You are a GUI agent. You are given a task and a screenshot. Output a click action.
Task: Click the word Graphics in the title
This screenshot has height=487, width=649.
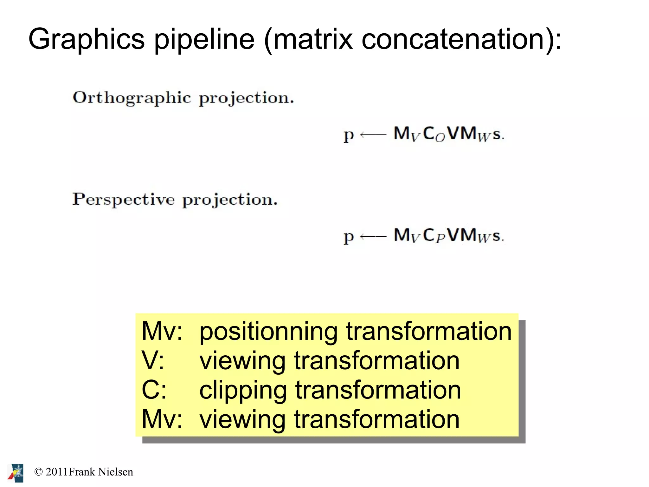click(87, 39)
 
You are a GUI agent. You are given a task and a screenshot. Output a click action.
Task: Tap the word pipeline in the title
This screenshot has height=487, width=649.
click(204, 39)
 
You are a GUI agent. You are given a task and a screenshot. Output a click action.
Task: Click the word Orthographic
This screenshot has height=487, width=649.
click(132, 98)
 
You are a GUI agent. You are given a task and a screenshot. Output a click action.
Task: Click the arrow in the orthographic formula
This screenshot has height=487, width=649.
click(373, 135)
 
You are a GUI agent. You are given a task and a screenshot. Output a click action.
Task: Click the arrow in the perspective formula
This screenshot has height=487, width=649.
click(373, 236)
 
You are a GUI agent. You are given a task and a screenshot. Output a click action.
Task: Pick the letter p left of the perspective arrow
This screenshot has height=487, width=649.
click(349, 237)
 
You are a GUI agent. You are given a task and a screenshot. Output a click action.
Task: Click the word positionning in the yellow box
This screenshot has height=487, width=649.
click(268, 332)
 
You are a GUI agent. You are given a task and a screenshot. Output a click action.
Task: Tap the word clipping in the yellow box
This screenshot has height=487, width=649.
click(243, 390)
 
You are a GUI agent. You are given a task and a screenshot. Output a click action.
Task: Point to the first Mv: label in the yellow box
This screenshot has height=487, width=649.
click(162, 331)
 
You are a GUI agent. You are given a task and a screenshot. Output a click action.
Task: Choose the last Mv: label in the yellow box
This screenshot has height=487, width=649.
click(162, 419)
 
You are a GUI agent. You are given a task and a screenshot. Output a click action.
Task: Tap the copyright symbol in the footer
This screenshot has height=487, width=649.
click(38, 472)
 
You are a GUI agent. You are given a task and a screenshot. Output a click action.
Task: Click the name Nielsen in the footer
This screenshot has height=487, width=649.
click(115, 472)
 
